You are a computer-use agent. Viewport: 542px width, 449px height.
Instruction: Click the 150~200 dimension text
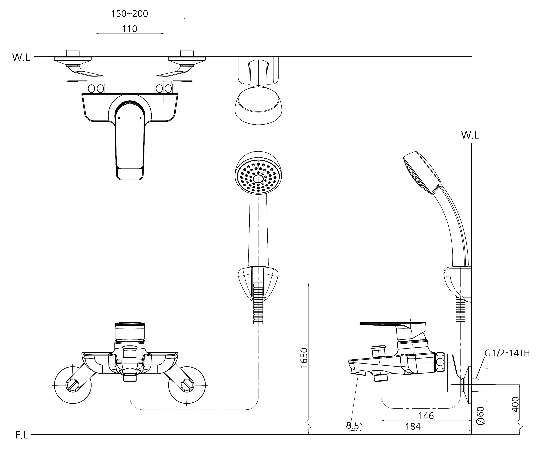click(130, 13)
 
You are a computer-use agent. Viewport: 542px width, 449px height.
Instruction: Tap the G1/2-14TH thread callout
click(507, 353)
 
